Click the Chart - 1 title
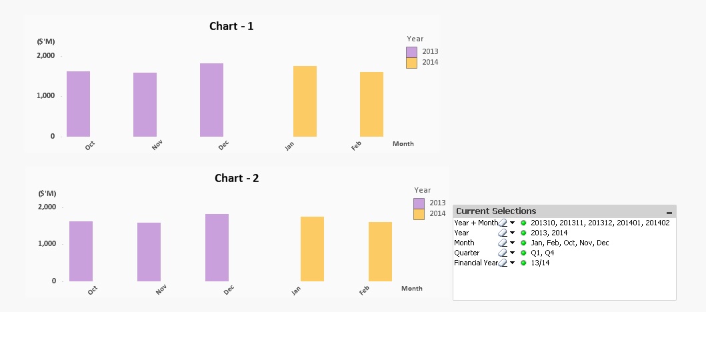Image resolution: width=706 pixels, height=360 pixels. [231, 27]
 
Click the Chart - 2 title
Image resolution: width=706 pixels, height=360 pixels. [237, 179]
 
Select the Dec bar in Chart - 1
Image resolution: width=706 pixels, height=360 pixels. [211, 100]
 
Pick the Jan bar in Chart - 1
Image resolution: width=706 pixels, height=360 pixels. [305, 101]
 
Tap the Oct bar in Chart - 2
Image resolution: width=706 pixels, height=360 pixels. [81, 251]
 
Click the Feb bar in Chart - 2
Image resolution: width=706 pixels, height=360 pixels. [380, 251]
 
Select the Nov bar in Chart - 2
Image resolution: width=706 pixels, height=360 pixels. [149, 252]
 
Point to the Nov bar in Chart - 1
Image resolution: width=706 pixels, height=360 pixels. [145, 105]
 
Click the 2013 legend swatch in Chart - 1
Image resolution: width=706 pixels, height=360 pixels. [412, 52]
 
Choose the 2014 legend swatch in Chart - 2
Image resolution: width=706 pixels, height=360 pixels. [419, 214]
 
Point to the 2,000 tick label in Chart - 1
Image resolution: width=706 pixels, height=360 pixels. [46, 56]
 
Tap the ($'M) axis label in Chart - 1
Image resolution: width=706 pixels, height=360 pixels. [46, 41]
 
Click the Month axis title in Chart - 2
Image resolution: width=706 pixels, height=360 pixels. [412, 289]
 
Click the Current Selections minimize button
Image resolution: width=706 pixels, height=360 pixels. [669, 212]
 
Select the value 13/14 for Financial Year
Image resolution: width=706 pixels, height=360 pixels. [540, 263]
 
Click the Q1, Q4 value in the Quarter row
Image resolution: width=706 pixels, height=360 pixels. [542, 253]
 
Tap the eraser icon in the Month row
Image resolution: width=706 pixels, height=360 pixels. [503, 243]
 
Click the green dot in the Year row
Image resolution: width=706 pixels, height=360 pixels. [523, 233]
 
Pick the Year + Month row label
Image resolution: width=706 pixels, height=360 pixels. [475, 223]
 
